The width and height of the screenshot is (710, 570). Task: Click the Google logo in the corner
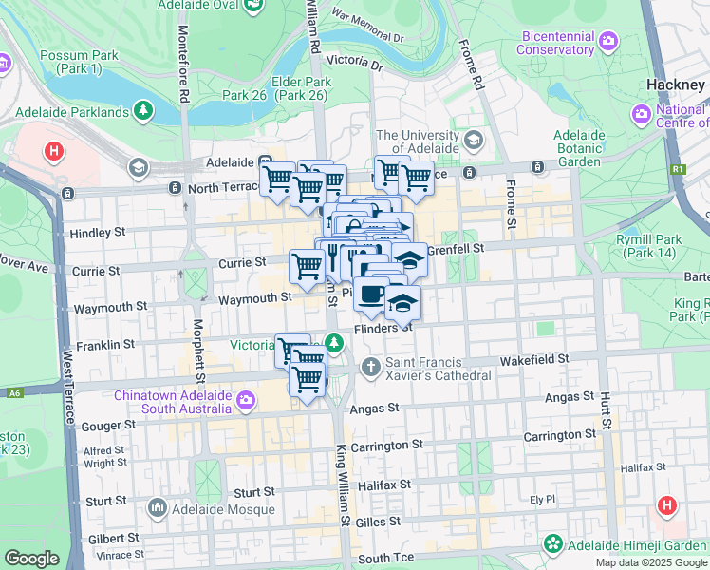click(x=31, y=559)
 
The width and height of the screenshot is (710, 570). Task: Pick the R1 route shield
click(x=677, y=169)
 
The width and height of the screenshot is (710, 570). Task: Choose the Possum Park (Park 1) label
click(x=79, y=63)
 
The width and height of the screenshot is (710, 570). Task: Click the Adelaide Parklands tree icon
click(x=143, y=111)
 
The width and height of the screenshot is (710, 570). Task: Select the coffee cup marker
click(x=371, y=294)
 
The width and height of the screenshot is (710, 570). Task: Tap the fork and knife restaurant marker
click(x=334, y=255)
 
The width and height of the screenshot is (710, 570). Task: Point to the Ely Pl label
click(x=541, y=499)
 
